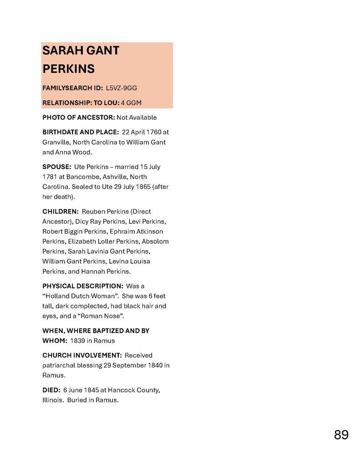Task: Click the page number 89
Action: pos(341,435)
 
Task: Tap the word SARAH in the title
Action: pos(61,51)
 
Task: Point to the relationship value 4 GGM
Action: pos(131,102)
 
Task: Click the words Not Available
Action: pos(137,118)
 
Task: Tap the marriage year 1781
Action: pos(50,177)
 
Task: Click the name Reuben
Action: pos(93,211)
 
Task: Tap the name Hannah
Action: pos(92,271)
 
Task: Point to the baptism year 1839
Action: pos(78,341)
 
